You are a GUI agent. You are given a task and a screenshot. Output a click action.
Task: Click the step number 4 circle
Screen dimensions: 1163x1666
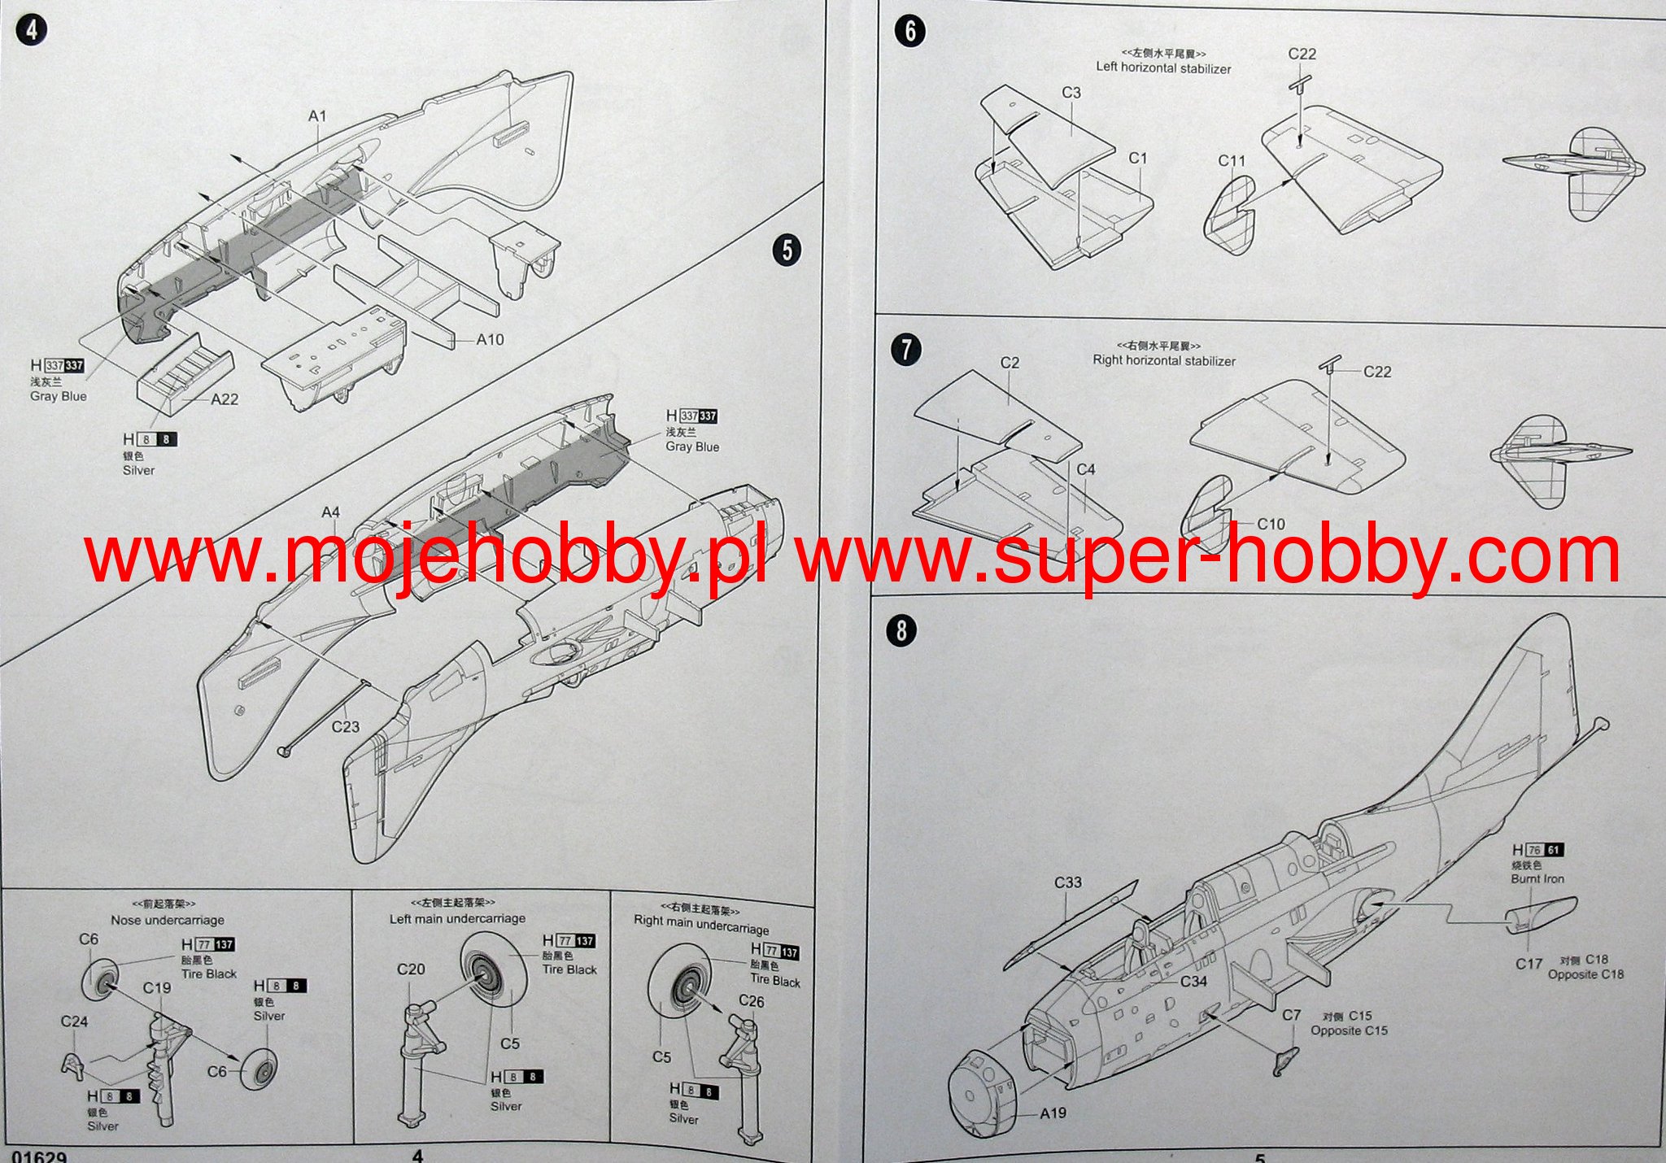(x=32, y=31)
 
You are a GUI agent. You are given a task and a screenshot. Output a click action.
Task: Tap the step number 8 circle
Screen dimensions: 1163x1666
(x=901, y=630)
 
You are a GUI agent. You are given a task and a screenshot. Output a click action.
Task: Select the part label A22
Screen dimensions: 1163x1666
(x=225, y=399)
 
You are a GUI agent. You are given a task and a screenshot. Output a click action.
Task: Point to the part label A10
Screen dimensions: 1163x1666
(x=490, y=340)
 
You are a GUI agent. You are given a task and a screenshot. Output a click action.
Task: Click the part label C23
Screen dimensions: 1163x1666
(x=345, y=727)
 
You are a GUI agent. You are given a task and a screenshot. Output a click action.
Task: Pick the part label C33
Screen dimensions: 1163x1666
(x=1068, y=883)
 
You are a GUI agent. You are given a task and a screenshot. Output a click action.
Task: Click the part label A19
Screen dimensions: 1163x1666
(x=1053, y=1113)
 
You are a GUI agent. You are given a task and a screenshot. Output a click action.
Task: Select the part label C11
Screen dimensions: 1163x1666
(x=1232, y=161)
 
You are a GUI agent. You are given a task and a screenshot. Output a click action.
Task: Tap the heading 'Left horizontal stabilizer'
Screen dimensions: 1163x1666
(x=1163, y=68)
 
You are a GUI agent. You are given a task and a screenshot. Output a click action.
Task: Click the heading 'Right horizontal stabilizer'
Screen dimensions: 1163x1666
(x=1164, y=360)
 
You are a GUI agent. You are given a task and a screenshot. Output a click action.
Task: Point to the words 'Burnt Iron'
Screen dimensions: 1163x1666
(x=1537, y=878)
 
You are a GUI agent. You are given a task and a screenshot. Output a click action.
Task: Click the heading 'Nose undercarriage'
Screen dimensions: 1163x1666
(x=168, y=920)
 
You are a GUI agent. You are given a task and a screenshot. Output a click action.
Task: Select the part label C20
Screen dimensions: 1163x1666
(x=411, y=969)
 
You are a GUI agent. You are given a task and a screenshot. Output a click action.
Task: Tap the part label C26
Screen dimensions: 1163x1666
(x=752, y=1002)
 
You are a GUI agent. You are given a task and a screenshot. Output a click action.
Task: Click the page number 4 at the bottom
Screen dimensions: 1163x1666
(x=417, y=1156)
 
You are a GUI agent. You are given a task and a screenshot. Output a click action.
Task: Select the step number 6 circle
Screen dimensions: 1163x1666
(x=909, y=31)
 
